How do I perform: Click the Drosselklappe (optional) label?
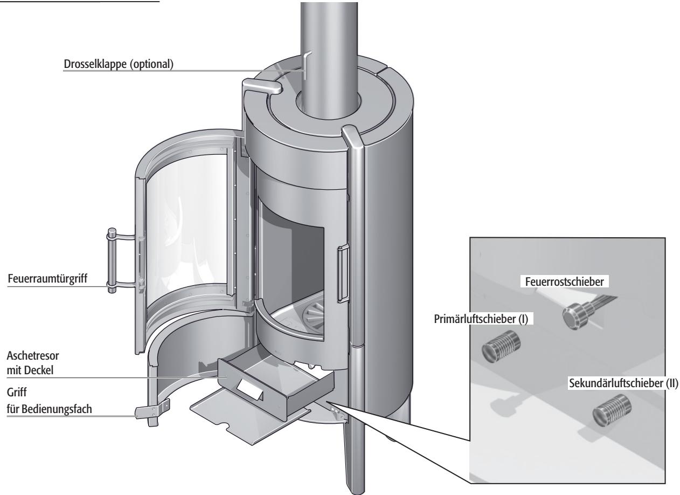tap(119, 64)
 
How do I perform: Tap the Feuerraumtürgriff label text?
tap(47, 278)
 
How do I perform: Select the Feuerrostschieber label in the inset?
tap(564, 281)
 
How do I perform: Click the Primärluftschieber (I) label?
tap(481, 319)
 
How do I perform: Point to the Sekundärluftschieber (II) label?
tap(623, 383)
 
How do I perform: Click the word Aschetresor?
tap(33, 355)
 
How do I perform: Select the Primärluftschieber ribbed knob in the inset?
tap(501, 347)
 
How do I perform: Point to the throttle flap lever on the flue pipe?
tap(307, 65)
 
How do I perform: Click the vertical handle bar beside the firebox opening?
tap(342, 274)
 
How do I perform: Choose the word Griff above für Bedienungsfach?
tap(17, 393)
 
